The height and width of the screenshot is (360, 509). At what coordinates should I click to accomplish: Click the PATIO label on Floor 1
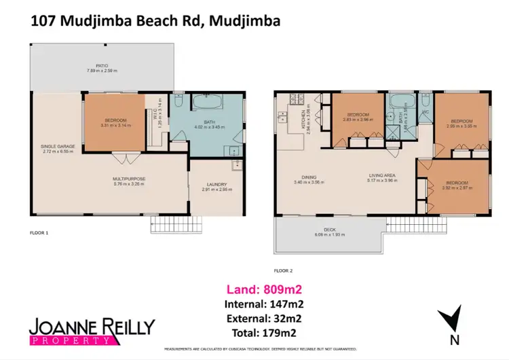point(102,67)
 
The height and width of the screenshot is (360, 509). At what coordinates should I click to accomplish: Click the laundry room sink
point(235,164)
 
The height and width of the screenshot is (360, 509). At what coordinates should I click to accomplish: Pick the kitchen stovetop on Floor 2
point(293,96)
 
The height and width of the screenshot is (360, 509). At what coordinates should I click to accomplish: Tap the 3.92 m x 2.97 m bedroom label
point(456,187)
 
